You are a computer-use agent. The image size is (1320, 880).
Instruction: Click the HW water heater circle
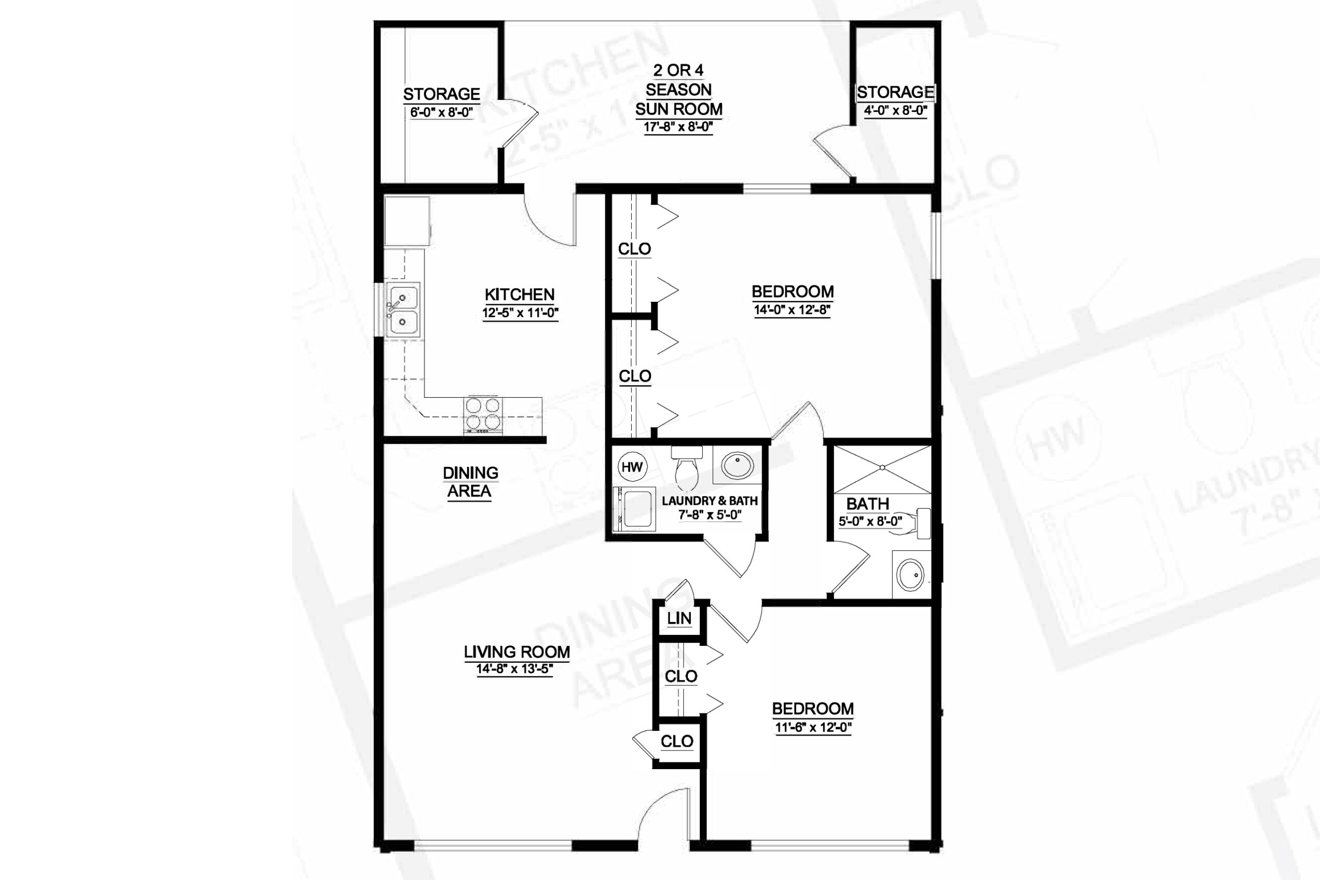coord(632,467)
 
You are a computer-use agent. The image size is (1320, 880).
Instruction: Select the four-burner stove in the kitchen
coord(483,415)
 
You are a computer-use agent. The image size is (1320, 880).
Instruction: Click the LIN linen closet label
coord(679,618)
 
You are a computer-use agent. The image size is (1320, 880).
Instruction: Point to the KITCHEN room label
coord(519,294)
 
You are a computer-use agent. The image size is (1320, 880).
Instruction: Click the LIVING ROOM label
coord(517,651)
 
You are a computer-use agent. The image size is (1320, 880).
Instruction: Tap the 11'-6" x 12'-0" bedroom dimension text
coord(814,727)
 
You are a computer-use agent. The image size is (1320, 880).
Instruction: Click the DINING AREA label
coord(470,482)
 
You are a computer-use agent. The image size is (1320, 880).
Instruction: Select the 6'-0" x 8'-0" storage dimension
coord(441,112)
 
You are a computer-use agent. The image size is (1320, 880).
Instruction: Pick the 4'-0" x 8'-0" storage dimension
coord(895,110)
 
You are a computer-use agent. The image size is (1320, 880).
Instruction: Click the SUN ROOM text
coord(679,109)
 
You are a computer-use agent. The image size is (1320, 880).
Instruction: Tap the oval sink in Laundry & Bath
coord(737,466)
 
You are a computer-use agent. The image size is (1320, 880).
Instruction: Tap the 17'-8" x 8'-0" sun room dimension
coord(678,127)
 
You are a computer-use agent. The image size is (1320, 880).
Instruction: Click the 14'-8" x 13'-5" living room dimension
coord(515,669)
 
